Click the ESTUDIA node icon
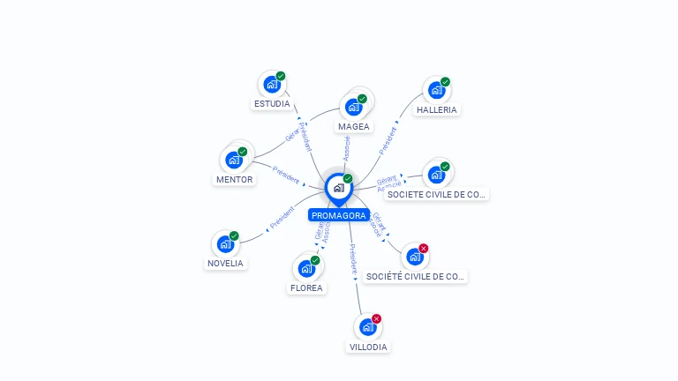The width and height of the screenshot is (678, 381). pyautogui.click(x=272, y=85)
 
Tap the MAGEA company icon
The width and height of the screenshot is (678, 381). pyautogui.click(x=354, y=108)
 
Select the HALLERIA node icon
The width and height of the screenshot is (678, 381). pyautogui.click(x=436, y=91)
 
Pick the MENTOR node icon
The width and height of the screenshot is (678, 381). pyautogui.click(x=234, y=161)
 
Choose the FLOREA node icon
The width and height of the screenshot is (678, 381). pyautogui.click(x=306, y=268)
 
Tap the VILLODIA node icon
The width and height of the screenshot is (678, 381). pyautogui.click(x=368, y=327)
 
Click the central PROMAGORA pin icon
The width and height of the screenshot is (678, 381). pyautogui.click(x=337, y=188)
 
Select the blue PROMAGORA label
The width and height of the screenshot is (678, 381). pyautogui.click(x=338, y=215)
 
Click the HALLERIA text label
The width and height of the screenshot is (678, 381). pyautogui.click(x=437, y=110)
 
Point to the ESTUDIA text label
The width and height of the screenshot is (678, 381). pyautogui.click(x=272, y=104)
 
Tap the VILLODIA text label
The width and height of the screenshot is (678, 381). pyautogui.click(x=368, y=347)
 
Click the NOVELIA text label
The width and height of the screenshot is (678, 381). pyautogui.click(x=226, y=264)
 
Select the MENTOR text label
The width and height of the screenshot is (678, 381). pyautogui.click(x=234, y=180)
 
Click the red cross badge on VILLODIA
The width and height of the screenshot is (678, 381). pyautogui.click(x=377, y=318)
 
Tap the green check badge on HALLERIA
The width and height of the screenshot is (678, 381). pyautogui.click(x=445, y=82)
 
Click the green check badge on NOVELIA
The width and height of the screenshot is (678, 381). pyautogui.click(x=235, y=235)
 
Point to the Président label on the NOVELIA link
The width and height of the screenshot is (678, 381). pyautogui.click(x=282, y=218)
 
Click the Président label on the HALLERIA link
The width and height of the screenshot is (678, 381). pyautogui.click(x=388, y=141)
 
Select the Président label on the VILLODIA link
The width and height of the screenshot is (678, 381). pyautogui.click(x=352, y=259)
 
